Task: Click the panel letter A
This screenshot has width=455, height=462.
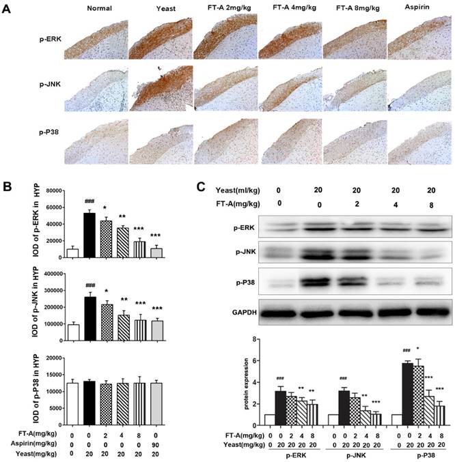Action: click(8, 12)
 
